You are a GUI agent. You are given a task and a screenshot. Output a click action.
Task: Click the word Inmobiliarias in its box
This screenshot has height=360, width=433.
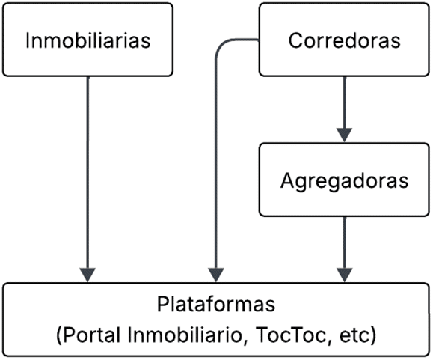click(87, 40)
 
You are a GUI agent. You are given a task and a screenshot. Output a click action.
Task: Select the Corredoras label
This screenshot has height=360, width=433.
click(344, 40)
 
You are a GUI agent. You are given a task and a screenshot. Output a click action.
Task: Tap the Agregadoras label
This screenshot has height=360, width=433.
click(344, 181)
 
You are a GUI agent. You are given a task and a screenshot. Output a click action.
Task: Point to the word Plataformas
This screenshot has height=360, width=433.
click(216, 304)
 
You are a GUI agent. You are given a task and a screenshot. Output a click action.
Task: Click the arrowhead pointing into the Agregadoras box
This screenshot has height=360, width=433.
click(344, 135)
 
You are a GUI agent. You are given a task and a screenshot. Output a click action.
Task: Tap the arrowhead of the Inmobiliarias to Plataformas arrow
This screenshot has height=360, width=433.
click(87, 275)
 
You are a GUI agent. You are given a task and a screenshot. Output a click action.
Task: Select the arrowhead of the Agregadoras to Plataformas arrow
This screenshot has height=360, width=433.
click(344, 275)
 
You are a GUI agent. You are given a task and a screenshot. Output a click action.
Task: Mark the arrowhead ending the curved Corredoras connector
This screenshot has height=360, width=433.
click(216, 275)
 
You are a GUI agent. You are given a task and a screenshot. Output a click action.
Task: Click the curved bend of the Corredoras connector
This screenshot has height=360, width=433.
click(221, 46)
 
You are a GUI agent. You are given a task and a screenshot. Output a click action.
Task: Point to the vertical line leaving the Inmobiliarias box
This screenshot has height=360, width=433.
click(87, 172)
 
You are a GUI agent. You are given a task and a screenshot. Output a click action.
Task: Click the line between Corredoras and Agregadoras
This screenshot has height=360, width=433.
click(344, 103)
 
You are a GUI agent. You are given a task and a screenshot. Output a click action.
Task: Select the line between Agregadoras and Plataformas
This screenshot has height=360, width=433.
click(344, 242)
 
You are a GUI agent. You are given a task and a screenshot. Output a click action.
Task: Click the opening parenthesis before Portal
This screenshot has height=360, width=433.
click(60, 335)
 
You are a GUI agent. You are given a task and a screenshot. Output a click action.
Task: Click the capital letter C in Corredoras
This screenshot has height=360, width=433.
click(295, 40)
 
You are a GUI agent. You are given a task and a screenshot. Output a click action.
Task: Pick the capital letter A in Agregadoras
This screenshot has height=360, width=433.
click(288, 180)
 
